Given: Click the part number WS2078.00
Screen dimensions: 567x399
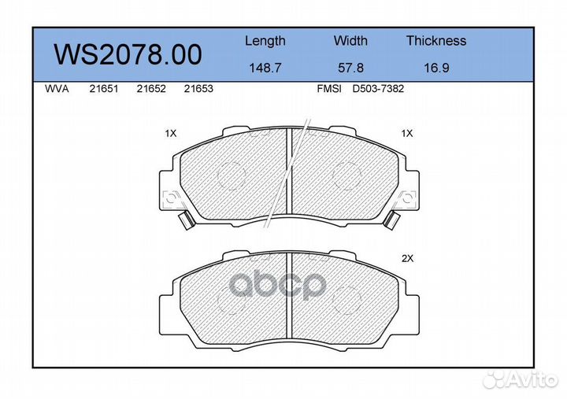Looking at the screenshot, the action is click(x=128, y=54).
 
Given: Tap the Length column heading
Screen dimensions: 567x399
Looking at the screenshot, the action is click(x=265, y=41).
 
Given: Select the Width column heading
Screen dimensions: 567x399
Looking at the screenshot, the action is click(x=350, y=40).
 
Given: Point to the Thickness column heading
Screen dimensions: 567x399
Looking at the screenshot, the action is click(x=436, y=40).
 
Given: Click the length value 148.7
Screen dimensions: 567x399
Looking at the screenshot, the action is click(x=265, y=68).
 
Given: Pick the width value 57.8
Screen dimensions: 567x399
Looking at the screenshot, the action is click(x=350, y=68).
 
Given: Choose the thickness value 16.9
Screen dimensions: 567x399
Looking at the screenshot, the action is click(x=436, y=68).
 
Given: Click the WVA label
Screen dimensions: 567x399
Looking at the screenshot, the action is click(x=57, y=89).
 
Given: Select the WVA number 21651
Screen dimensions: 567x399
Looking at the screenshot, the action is click(x=104, y=89).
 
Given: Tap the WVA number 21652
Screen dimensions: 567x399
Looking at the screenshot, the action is click(x=151, y=89).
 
